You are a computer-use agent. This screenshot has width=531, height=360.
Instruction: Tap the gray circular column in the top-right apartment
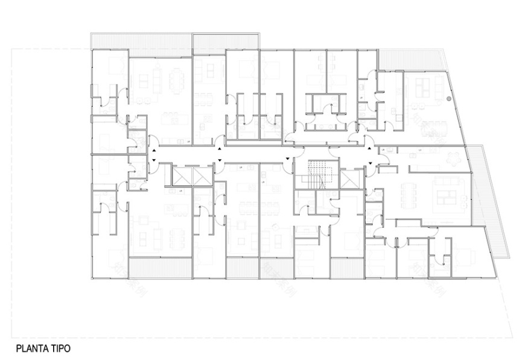(x=449, y=98)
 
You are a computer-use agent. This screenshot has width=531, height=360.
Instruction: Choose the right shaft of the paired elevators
(x=202, y=175)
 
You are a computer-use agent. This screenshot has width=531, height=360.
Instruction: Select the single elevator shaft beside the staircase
(x=351, y=178)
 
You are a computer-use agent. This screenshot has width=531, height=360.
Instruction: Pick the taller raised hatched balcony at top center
(x=226, y=42)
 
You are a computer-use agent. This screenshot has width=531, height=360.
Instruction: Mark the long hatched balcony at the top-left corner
(x=141, y=40)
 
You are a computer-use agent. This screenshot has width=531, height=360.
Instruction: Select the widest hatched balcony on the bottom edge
(x=160, y=268)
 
